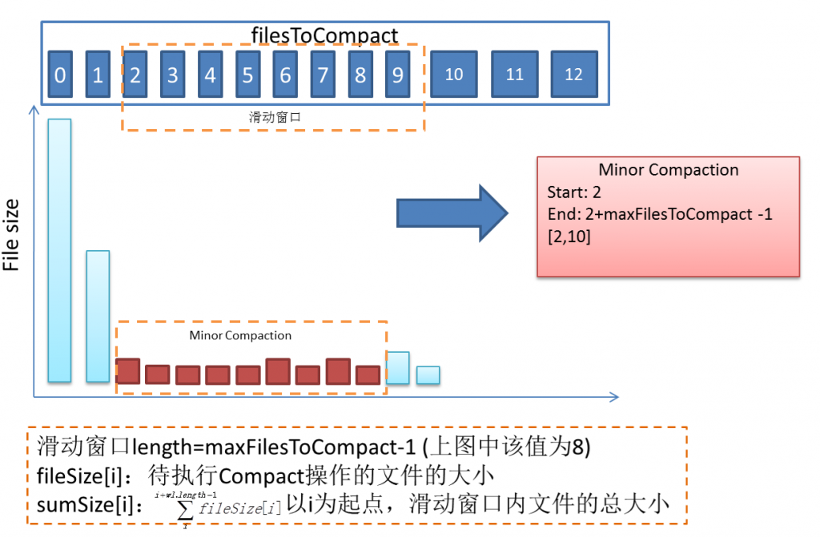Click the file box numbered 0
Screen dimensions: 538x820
tap(60, 75)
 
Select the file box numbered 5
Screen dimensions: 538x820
tap(247, 75)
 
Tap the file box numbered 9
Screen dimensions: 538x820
tap(397, 75)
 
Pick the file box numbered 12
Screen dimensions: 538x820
tap(573, 75)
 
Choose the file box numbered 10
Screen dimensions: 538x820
tap(454, 75)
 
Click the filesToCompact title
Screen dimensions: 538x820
tap(324, 35)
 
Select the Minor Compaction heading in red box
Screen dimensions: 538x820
tap(669, 170)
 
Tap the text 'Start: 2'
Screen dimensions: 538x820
tap(574, 192)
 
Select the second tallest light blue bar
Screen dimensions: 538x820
tap(98, 316)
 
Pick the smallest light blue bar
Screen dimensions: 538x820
tap(428, 375)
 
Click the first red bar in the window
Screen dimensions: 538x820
tap(128, 371)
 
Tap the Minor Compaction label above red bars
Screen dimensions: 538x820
tap(240, 335)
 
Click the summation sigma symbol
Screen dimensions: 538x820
tap(186, 508)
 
